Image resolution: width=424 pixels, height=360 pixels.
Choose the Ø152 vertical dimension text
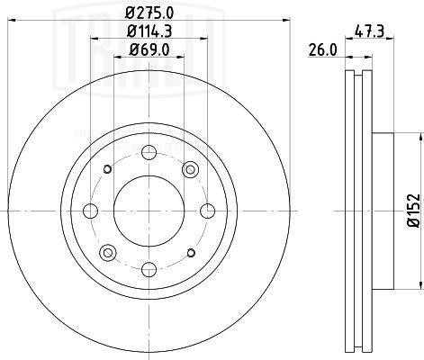click(x=413, y=211)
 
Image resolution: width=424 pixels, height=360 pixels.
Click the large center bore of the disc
click(x=148, y=211)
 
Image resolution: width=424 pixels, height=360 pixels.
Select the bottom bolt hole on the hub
click(x=148, y=267)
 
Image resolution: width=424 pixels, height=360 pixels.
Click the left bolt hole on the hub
click(x=90, y=211)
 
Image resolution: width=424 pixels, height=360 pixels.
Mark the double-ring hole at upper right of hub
click(x=189, y=170)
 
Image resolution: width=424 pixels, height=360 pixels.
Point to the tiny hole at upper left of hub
click(x=107, y=170)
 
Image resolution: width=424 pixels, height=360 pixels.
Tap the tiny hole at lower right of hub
click(x=189, y=252)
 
